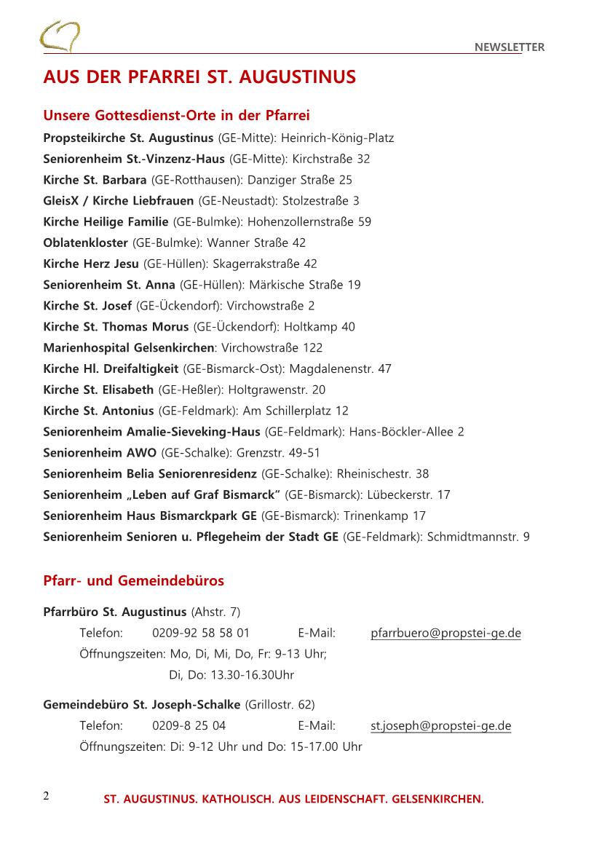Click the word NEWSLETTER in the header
coord(510,47)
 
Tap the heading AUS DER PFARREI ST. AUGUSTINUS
coord(199,77)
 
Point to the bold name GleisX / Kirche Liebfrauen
coord(119,200)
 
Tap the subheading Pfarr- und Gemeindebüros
coord(133,581)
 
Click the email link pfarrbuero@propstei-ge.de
coord(445,633)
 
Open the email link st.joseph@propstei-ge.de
coord(440,726)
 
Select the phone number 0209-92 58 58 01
coord(201,633)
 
